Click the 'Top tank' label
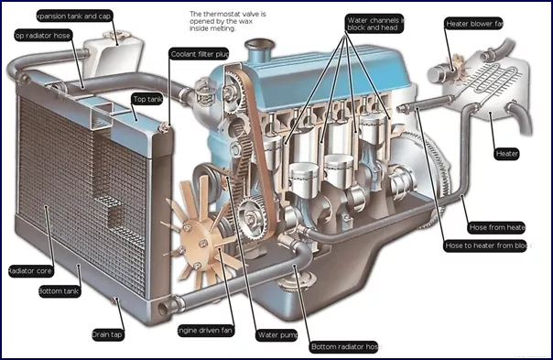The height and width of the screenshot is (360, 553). (x=146, y=98)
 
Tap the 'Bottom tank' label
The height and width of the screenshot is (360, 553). (x=59, y=291)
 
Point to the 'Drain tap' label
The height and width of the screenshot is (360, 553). (x=108, y=334)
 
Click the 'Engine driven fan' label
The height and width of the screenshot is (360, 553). (x=204, y=329)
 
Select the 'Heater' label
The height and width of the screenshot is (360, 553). (x=507, y=153)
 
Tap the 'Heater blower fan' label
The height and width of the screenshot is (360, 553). (x=475, y=23)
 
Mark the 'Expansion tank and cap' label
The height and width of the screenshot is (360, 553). (x=73, y=16)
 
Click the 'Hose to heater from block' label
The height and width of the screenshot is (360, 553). (x=486, y=245)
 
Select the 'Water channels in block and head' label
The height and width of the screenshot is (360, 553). (x=374, y=23)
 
